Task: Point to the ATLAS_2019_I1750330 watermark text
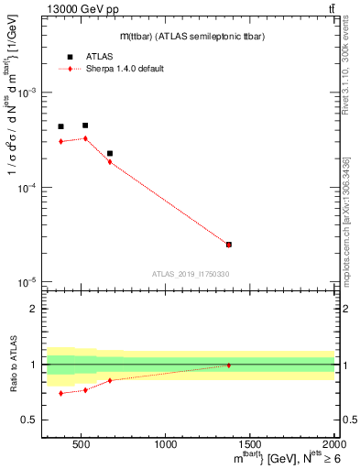coord(191,273)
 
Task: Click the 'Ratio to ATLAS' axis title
coord(12,364)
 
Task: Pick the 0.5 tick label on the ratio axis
coord(31,420)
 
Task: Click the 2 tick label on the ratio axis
coord(35,309)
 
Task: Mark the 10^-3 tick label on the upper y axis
coord(27,93)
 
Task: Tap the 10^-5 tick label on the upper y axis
coord(27,281)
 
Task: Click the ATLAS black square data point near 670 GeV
coord(110,154)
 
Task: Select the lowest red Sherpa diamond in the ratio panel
coord(60,393)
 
